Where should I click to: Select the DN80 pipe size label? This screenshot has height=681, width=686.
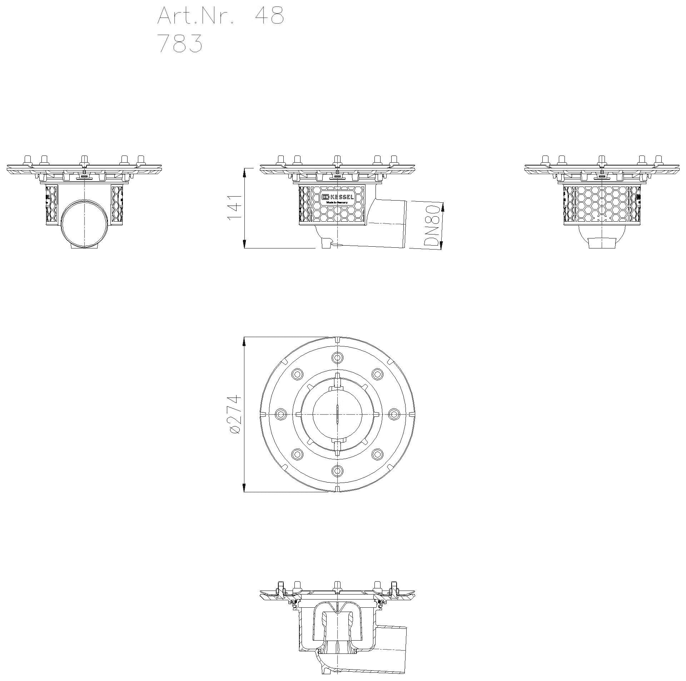click(x=432, y=226)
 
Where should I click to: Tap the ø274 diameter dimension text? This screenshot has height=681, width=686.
click(x=235, y=415)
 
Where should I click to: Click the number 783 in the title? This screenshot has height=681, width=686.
click(x=180, y=44)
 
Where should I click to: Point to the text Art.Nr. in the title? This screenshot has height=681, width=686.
click(x=196, y=16)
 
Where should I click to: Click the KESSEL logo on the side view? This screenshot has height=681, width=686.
click(x=338, y=197)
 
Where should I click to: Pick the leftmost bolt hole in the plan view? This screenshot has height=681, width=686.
click(x=281, y=414)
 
